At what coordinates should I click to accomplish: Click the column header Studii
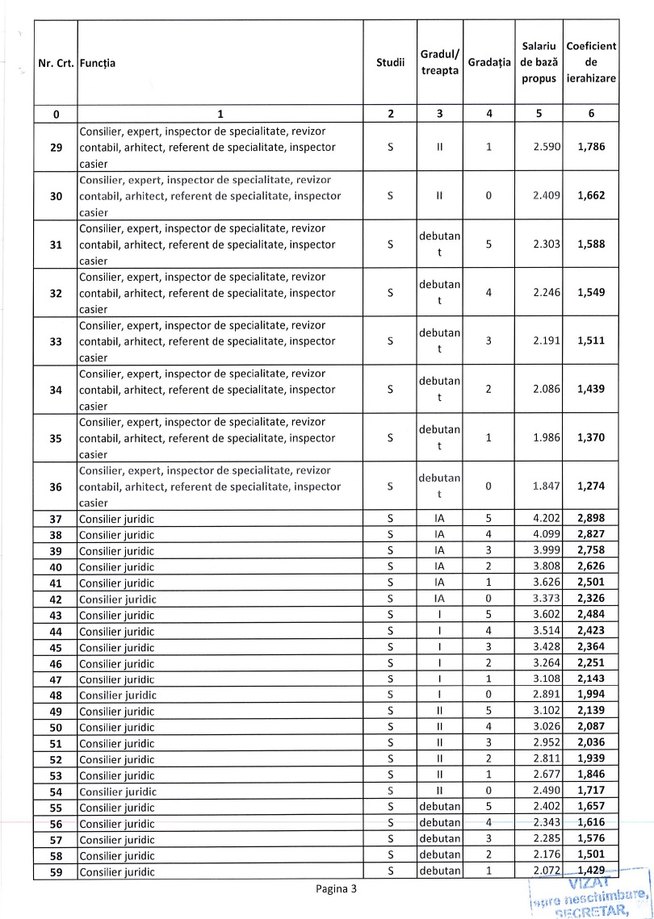click(x=390, y=62)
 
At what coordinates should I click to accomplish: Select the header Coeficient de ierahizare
click(x=592, y=62)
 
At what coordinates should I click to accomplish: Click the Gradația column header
click(x=490, y=62)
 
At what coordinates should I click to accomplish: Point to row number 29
click(x=56, y=148)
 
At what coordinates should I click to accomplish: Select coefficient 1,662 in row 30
click(x=592, y=196)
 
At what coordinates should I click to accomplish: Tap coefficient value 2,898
click(x=592, y=518)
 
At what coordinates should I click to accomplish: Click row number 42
click(x=56, y=599)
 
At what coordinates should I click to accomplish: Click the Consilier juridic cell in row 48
click(x=115, y=695)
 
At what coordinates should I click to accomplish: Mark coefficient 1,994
click(x=592, y=695)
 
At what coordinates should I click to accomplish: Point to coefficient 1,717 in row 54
click(x=592, y=791)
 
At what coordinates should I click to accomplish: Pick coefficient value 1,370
click(x=592, y=438)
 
